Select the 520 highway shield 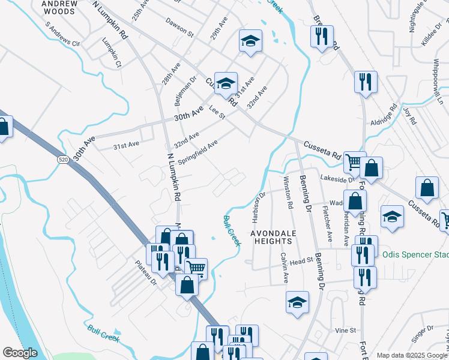coord(63,160)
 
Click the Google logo coord(20,353)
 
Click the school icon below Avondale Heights coord(297,303)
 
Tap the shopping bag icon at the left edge coord(3,127)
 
